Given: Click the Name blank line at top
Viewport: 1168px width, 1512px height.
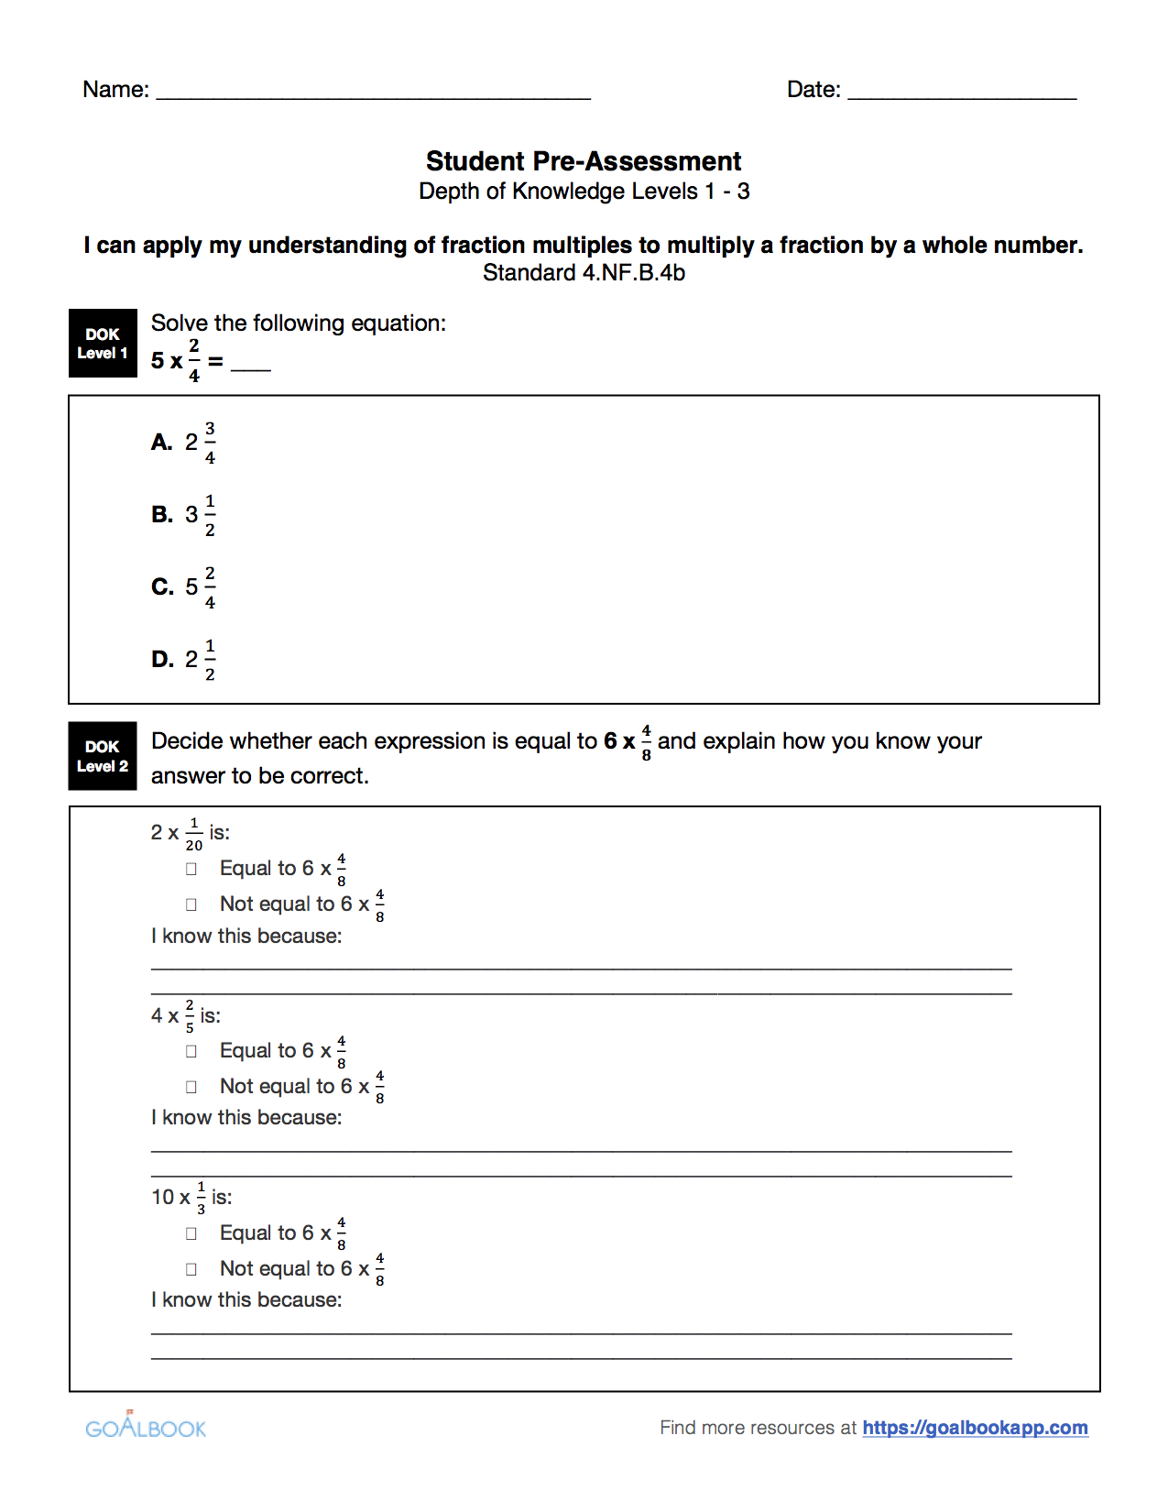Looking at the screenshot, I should [373, 93].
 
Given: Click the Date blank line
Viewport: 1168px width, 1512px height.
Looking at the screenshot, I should [961, 93].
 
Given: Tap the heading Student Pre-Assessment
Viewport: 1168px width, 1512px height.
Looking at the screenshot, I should [584, 161].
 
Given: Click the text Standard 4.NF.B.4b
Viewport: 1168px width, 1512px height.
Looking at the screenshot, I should [584, 273].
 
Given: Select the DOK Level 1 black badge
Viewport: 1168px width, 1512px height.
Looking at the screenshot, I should [103, 344].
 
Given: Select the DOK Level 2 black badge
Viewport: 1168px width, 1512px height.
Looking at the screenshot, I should [103, 756].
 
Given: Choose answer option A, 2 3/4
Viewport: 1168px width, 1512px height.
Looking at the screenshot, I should [184, 443].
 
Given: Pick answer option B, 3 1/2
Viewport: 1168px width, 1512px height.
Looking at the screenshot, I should [184, 515].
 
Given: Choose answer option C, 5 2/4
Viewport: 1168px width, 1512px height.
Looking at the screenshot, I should [184, 587].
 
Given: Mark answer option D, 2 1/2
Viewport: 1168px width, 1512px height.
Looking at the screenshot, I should [184, 660].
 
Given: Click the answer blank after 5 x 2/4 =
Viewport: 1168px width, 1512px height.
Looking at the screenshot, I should [251, 366].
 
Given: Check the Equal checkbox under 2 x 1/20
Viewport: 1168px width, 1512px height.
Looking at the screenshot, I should [191, 869].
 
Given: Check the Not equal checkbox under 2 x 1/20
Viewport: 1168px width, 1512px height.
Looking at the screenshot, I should [191, 904].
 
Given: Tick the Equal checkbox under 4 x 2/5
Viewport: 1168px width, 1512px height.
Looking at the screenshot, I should [191, 1051].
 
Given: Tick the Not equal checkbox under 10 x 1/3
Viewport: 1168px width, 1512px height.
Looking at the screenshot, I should [191, 1269].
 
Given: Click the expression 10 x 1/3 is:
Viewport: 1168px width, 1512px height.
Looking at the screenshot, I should [191, 1198].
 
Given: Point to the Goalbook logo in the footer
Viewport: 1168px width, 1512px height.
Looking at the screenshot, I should [146, 1427].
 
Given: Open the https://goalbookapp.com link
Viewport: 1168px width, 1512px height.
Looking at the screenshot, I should [975, 1428].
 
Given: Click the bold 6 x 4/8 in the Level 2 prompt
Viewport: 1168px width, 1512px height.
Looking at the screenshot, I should [628, 741].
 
